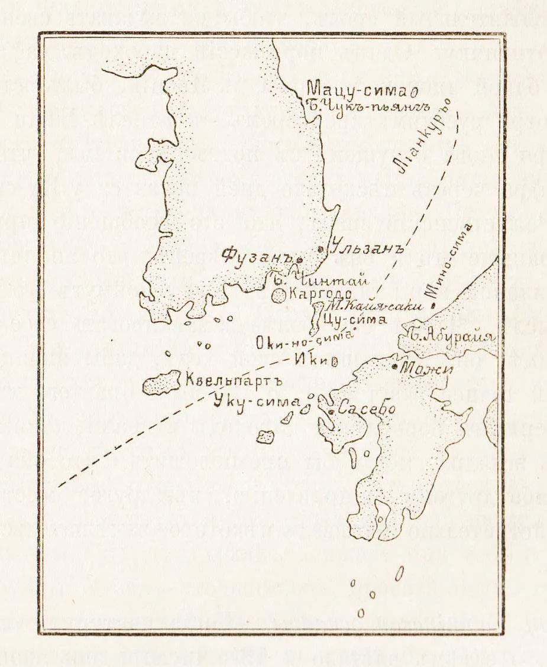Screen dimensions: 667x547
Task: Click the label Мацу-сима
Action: tap(358, 91)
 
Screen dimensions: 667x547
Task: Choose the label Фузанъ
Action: tap(259, 256)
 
